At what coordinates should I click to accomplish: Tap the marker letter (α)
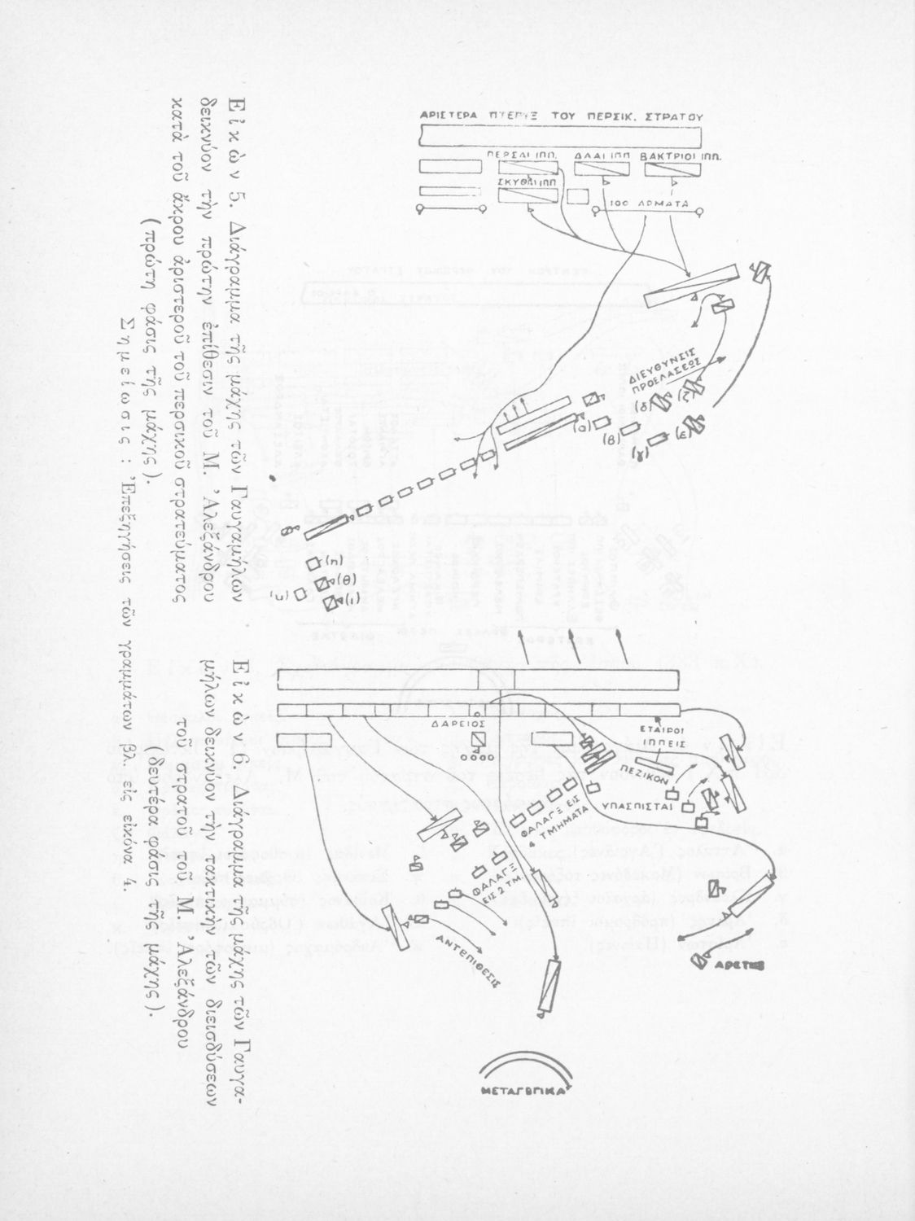coord(582,426)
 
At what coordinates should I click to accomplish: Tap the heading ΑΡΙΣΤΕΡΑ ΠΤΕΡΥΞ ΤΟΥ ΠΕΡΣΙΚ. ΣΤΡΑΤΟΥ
coord(561,116)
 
